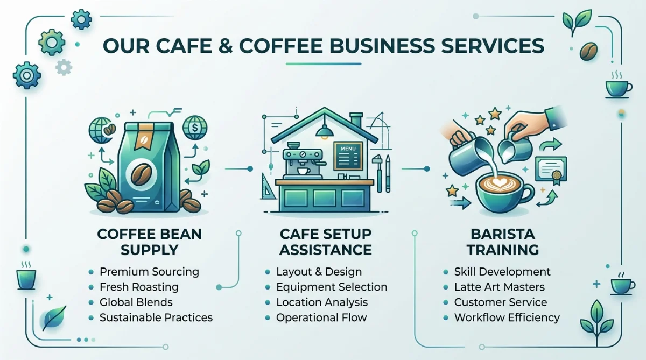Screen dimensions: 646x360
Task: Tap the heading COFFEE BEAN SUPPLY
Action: tap(150, 242)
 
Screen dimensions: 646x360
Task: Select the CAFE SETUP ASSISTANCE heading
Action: tap(326, 242)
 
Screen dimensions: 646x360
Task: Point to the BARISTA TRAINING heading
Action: tap(503, 242)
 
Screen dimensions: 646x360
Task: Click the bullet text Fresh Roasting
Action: tap(139, 287)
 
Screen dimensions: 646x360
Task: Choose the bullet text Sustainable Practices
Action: tap(156, 317)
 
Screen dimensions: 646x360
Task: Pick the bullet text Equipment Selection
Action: tap(332, 287)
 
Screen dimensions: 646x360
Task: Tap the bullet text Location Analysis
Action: tap(322, 302)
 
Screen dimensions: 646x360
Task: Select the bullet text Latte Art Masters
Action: tap(500, 287)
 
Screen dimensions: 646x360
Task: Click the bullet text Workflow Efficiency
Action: tap(507, 317)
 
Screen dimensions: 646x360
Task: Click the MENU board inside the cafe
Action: tap(348, 156)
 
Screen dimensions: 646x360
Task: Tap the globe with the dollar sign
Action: tap(195, 128)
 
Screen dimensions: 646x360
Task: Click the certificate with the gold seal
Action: tap(551, 171)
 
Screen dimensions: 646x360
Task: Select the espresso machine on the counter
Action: tap(302, 164)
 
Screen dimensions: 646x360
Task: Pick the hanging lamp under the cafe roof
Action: tap(325, 132)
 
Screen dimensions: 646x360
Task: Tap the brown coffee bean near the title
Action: tap(588, 51)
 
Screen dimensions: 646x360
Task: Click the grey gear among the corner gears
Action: tap(64, 67)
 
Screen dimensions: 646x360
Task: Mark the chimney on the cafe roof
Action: tap(356, 120)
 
